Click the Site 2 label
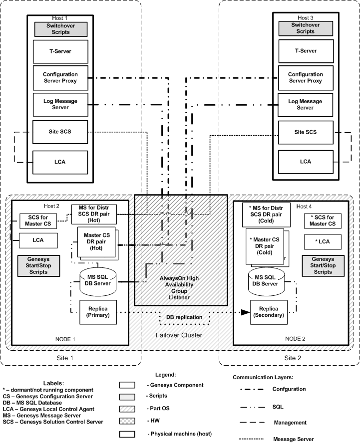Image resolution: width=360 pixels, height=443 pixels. (290, 358)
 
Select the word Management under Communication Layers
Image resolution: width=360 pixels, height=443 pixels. (291, 423)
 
